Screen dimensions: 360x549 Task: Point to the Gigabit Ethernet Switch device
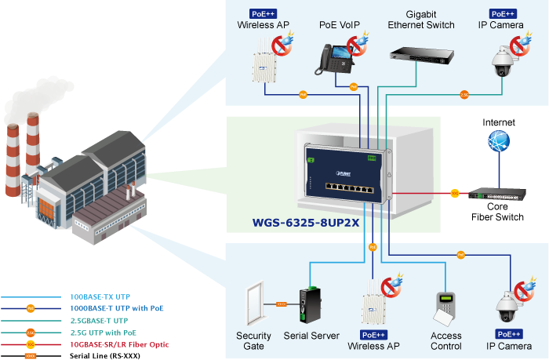pyautogui.click(x=421, y=54)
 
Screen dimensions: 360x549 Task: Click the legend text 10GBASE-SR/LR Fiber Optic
pyautogui.click(x=119, y=344)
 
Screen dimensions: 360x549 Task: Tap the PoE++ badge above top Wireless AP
pyautogui.click(x=263, y=13)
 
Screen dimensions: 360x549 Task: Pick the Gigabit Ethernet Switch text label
pyautogui.click(x=421, y=20)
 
